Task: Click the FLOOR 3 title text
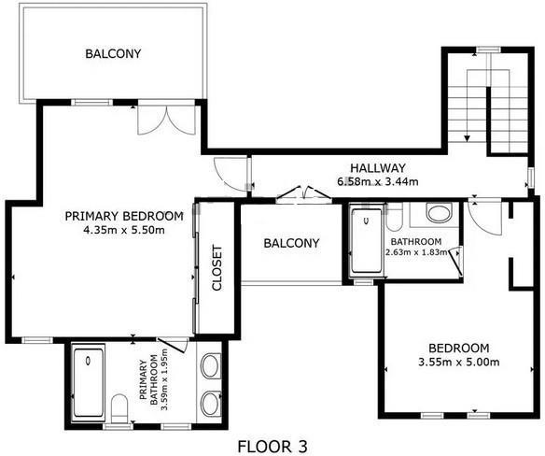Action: pyautogui.click(x=272, y=447)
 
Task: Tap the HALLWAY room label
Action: pyautogui.click(x=378, y=168)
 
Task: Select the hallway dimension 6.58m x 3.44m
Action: pyautogui.click(x=378, y=181)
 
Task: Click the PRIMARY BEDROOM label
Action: pyautogui.click(x=124, y=216)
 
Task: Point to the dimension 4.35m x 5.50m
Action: pyautogui.click(x=124, y=230)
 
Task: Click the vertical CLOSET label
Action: pyautogui.click(x=217, y=267)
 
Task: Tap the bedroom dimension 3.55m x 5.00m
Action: pyautogui.click(x=459, y=362)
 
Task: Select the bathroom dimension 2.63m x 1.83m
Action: pyautogui.click(x=416, y=252)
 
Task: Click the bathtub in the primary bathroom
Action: pyautogui.click(x=89, y=382)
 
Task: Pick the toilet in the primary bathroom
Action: pyautogui.click(x=119, y=408)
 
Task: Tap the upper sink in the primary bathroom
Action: pyautogui.click(x=210, y=366)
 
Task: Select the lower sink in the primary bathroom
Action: pyautogui.click(x=210, y=404)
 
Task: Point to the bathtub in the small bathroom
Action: pyautogui.click(x=367, y=240)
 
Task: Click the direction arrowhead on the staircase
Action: pyautogui.click(x=468, y=138)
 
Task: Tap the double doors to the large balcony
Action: pyautogui.click(x=167, y=120)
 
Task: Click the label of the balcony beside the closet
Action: pyautogui.click(x=291, y=243)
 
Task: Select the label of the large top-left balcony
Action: pyautogui.click(x=113, y=53)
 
